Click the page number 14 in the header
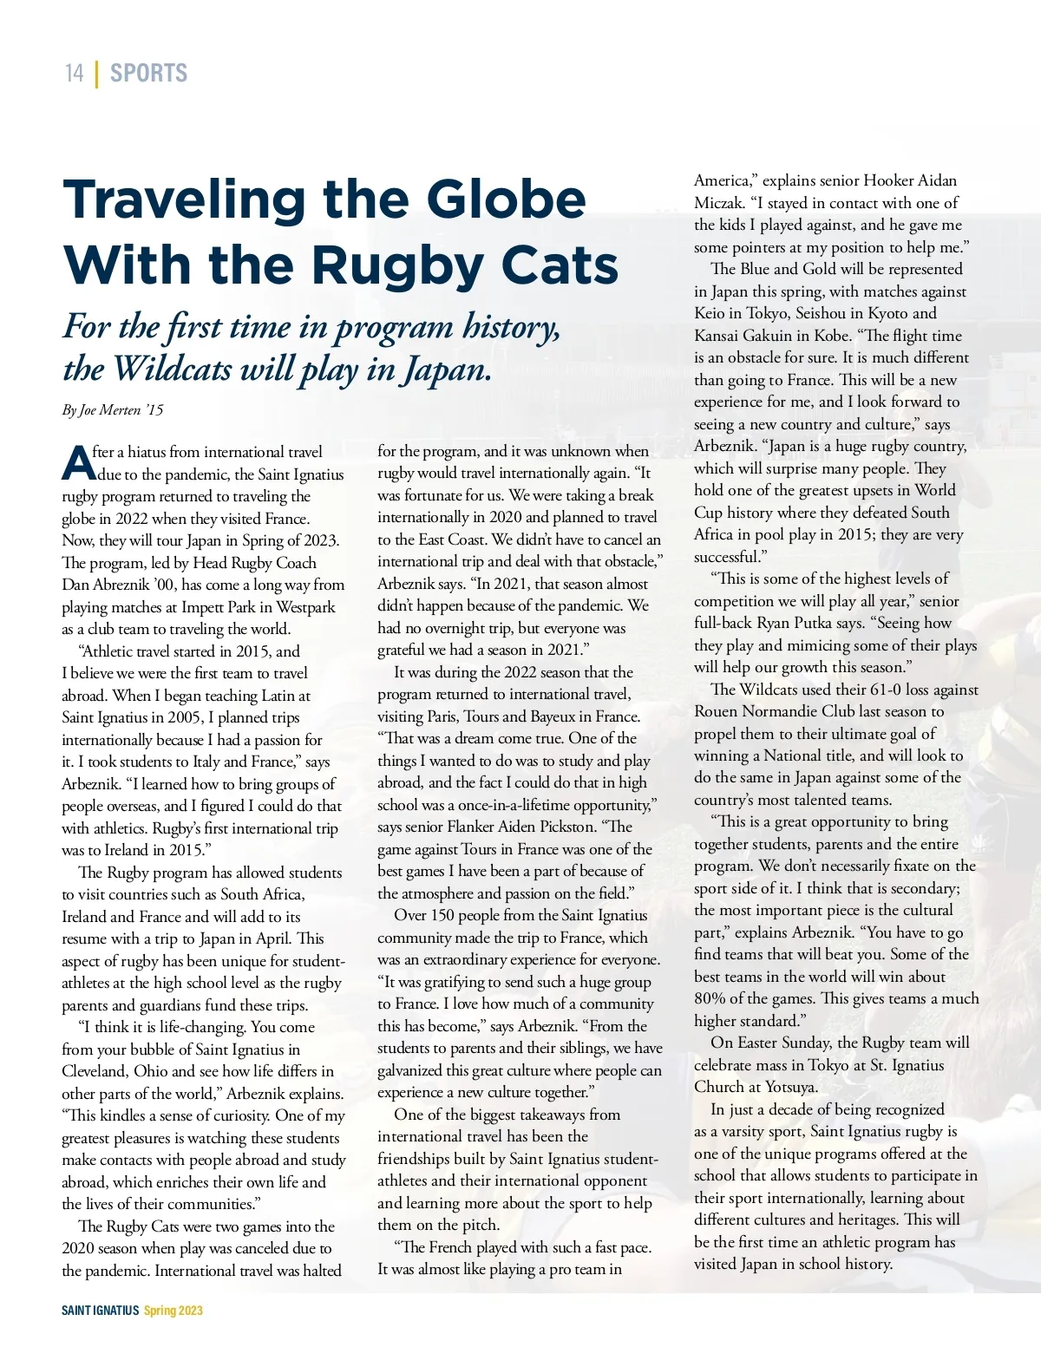[75, 73]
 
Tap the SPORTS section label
[148, 73]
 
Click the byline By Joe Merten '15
[113, 409]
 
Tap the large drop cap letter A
[78, 462]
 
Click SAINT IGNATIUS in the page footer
[100, 1311]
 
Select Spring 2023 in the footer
[173, 1311]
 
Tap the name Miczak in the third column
[719, 203]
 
